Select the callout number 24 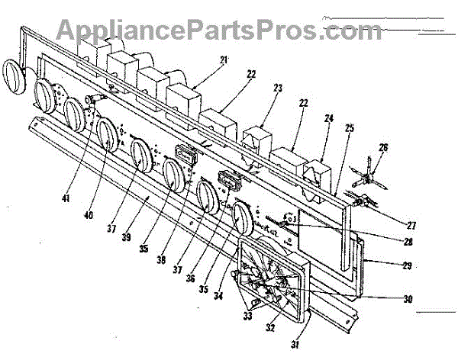(x=328, y=118)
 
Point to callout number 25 (x=349, y=129)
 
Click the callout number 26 (x=383, y=147)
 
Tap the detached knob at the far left (x=15, y=76)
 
